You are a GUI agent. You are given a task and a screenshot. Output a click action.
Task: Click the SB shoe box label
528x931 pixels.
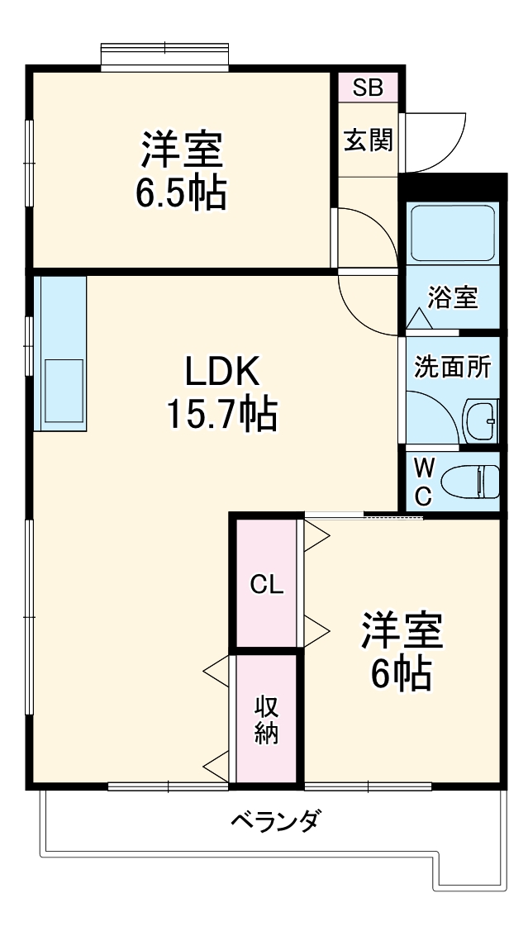(x=368, y=88)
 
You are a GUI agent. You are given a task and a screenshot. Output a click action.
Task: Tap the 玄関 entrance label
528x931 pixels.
(x=369, y=140)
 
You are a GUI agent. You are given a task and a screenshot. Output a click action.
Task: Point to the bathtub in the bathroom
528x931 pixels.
(x=453, y=234)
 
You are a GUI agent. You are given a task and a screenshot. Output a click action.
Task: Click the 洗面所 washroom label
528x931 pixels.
(x=453, y=367)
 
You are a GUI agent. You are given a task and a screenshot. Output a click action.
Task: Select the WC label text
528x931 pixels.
(x=422, y=482)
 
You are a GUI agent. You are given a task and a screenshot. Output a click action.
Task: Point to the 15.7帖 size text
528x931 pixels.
(x=221, y=414)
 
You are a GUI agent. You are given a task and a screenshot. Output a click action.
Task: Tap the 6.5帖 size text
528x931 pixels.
(x=181, y=193)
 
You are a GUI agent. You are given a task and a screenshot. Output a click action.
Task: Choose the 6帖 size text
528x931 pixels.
(x=401, y=674)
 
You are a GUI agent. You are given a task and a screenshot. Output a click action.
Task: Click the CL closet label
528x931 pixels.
(x=267, y=586)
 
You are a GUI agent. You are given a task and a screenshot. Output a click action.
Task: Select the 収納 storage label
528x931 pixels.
(x=267, y=720)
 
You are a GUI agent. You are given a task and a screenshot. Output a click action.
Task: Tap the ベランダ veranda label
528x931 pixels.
(x=277, y=822)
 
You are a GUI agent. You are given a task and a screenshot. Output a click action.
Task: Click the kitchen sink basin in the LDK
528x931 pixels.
(x=64, y=391)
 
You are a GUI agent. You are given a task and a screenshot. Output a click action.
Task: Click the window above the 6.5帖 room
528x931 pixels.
(x=164, y=56)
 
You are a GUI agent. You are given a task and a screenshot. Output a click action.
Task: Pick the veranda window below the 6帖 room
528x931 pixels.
(x=368, y=787)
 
